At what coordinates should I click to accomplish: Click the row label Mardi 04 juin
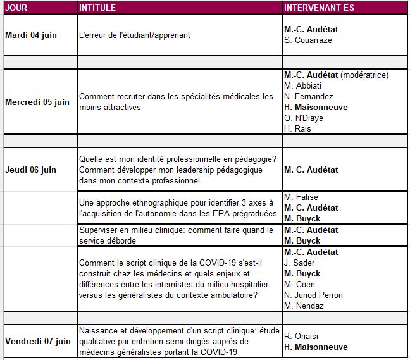[31, 35]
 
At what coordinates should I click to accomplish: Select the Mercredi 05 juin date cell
[37, 102]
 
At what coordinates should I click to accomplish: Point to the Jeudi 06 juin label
[30, 170]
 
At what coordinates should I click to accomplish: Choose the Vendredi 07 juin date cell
[37, 341]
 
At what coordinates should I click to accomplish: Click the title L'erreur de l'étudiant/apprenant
[134, 35]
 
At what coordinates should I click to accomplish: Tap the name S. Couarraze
[308, 40]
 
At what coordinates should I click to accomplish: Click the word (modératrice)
[364, 75]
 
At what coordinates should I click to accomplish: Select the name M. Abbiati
[303, 85]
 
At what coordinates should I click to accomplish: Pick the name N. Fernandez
[309, 96]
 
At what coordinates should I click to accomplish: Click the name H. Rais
[297, 128]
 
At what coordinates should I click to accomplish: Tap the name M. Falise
[301, 197]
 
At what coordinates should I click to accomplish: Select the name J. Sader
[301, 263]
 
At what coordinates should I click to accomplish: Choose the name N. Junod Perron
[313, 295]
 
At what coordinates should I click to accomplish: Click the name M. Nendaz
[304, 306]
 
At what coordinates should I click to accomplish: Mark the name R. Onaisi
[302, 336]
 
